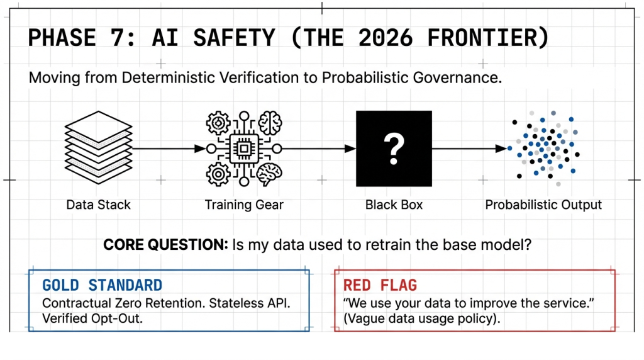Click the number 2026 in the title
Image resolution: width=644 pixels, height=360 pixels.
click(386, 38)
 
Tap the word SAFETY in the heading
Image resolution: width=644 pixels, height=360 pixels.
click(234, 38)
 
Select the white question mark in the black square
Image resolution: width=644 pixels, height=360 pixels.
click(394, 150)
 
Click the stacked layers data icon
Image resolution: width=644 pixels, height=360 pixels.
click(99, 147)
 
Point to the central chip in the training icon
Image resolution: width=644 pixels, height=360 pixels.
click(244, 149)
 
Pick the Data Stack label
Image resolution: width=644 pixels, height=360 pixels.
click(99, 205)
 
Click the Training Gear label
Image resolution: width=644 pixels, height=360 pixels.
click(244, 205)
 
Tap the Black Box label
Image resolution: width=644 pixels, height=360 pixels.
click(394, 205)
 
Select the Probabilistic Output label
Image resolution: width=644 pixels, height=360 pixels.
click(543, 205)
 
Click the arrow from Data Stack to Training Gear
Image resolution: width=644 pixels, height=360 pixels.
click(169, 149)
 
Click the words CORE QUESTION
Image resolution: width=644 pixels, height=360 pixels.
click(165, 245)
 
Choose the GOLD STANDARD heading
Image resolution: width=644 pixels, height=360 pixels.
click(103, 285)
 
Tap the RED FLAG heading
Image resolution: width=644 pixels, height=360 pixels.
click(380, 285)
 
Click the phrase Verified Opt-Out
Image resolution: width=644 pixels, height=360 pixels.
click(92, 318)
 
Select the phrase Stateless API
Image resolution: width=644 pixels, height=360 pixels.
click(250, 303)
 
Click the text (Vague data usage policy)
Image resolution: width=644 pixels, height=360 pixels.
click(422, 318)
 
